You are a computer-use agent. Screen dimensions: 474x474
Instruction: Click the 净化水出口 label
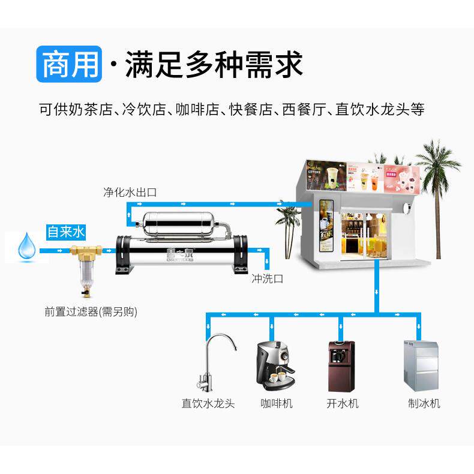[x=130, y=193]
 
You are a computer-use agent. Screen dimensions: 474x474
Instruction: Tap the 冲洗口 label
[x=267, y=278]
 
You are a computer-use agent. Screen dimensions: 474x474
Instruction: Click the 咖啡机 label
[x=277, y=403]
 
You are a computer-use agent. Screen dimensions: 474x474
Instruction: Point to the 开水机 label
[x=343, y=403]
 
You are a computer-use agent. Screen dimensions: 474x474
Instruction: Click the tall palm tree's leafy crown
[x=436, y=158]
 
